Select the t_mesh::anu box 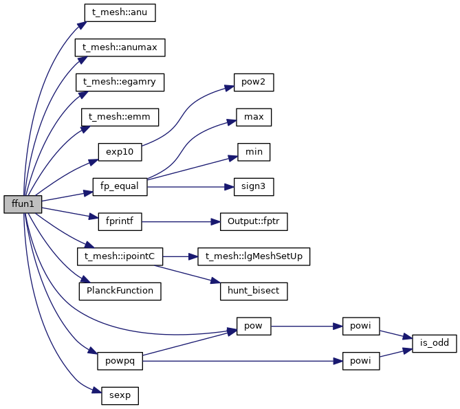(x=120, y=12)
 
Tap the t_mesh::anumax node (x=120, y=47)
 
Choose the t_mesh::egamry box (x=120, y=82)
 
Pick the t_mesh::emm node (x=120, y=117)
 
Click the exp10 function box (x=120, y=152)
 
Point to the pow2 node (x=254, y=82)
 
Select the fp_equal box (x=120, y=186)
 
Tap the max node (x=254, y=117)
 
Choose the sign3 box (x=254, y=186)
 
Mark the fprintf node (x=120, y=221)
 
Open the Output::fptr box (x=254, y=221)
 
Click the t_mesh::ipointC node (x=120, y=256)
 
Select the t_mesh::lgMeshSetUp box (x=254, y=256)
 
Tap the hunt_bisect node (x=254, y=291)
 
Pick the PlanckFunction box (x=120, y=291)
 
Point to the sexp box (x=120, y=395)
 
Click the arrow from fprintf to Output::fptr (x=179, y=221)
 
